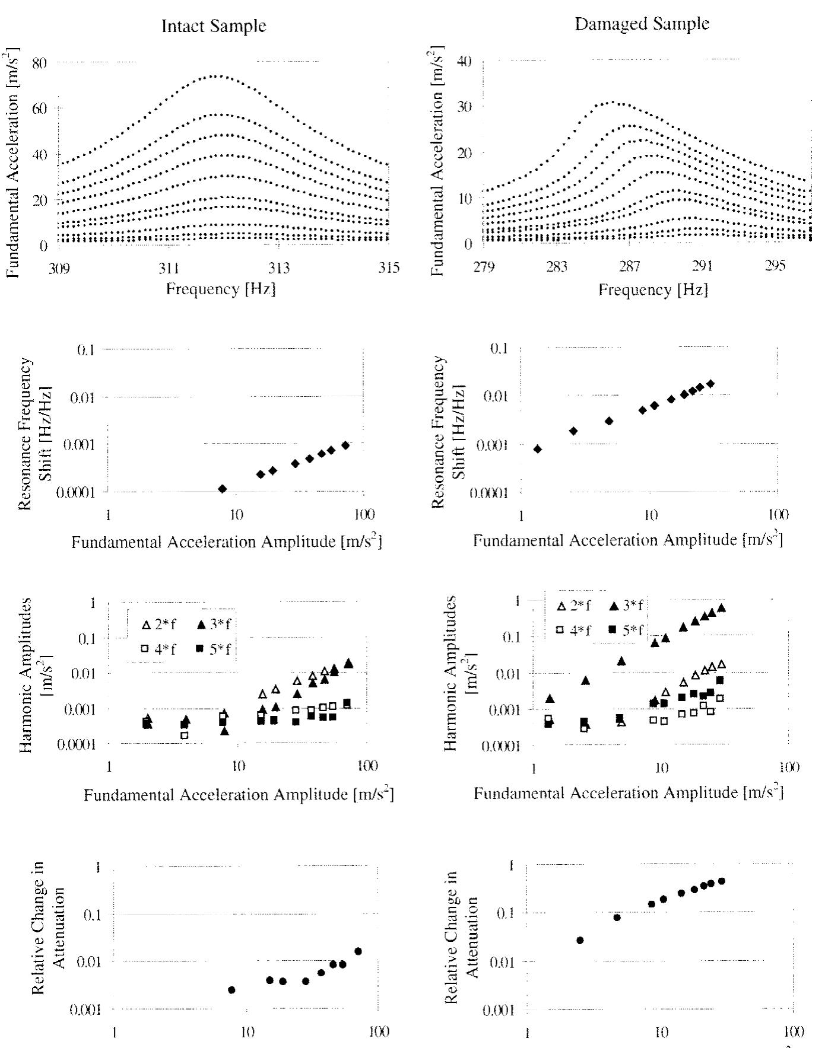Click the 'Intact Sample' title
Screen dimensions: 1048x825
pos(214,26)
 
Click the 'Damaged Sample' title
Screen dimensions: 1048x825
pos(642,24)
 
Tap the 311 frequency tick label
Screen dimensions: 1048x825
pos(169,268)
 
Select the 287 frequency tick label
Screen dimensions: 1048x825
pos(629,266)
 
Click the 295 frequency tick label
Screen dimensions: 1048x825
pos(775,266)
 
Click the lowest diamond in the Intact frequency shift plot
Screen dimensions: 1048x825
pos(223,489)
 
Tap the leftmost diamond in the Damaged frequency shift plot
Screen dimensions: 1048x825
pos(538,449)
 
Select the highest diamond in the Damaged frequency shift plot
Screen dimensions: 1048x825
pos(710,384)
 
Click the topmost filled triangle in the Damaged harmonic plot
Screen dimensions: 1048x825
pos(721,608)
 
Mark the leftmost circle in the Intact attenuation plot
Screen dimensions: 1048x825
pos(231,990)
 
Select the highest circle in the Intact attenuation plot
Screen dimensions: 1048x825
pos(358,951)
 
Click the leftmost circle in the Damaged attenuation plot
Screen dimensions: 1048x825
pos(580,941)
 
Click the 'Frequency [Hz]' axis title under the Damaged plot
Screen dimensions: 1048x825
pos(653,289)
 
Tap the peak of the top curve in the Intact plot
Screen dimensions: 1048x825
pos(218,75)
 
